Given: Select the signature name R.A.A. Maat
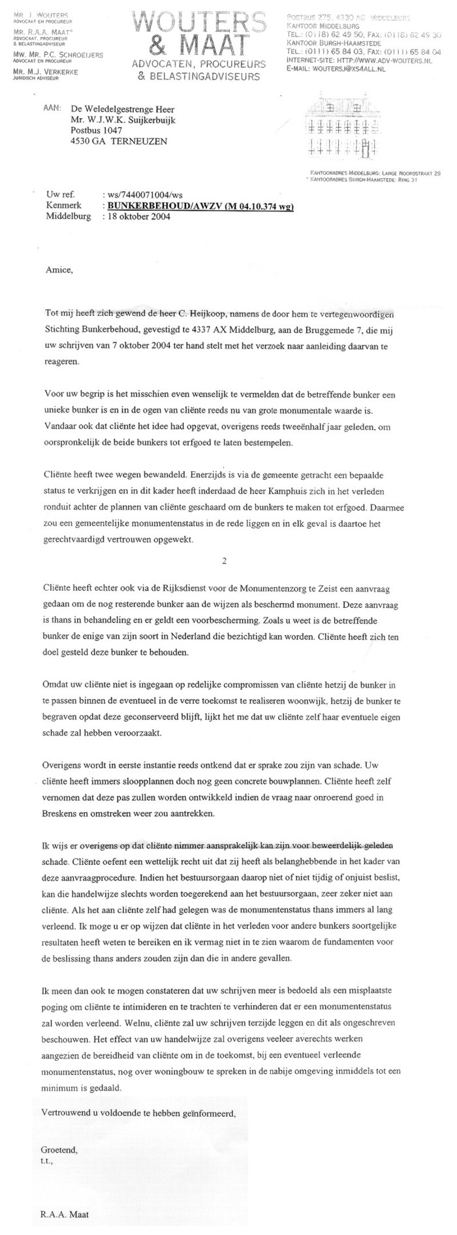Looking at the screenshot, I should coord(65,1214).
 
